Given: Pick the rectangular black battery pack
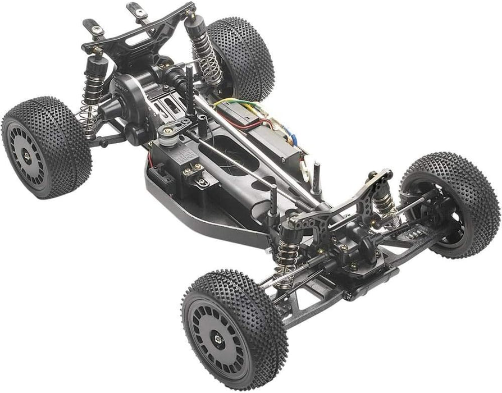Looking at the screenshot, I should click(x=264, y=135).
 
